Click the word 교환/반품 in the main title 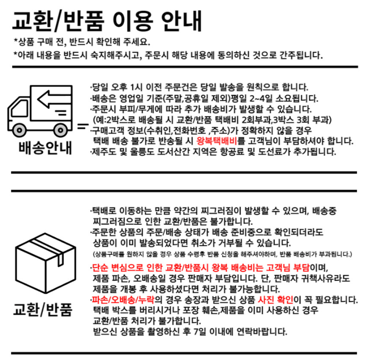pos(58,21)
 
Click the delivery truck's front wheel pos(20,130)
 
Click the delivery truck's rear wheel pos(61,130)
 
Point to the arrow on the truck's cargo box pos(54,99)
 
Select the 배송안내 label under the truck pos(45,148)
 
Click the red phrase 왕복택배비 pos(217,141)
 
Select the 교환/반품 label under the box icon pos(43,309)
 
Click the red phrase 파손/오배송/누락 pos(123,300)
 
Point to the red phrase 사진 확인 pos(275,300)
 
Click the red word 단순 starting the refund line pos(100,267)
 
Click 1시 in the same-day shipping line pos(136,87)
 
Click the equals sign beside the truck pos(83,127)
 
